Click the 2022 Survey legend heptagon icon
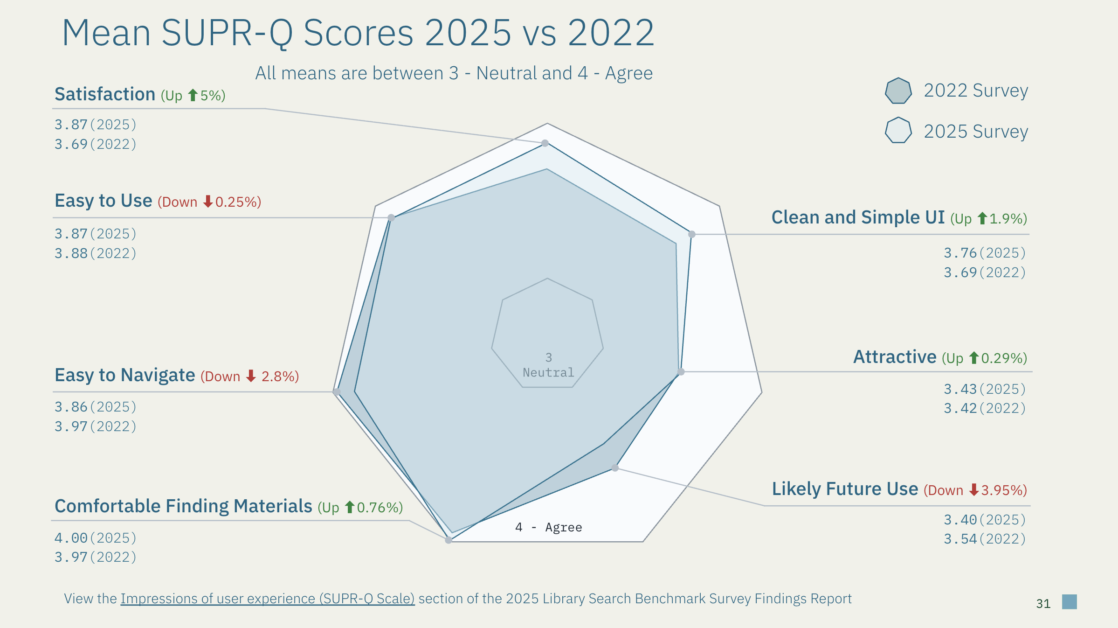[898, 91]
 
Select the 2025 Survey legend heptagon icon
[898, 130]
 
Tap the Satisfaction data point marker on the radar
[545, 143]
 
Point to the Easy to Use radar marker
[391, 217]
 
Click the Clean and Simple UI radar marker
[692, 234]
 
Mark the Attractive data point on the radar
[681, 371]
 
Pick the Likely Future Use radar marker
[615, 468]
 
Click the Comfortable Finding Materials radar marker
[449, 540]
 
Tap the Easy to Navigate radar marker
[337, 391]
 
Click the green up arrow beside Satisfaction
[193, 96]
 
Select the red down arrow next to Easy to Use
[208, 202]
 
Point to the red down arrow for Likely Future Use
[974, 490]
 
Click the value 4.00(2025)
[96, 537]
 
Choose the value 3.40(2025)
[985, 519]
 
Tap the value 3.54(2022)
[985, 539]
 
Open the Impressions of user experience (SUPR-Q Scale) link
[267, 599]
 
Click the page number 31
[1043, 604]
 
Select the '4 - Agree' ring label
[549, 527]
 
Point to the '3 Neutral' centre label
[548, 365]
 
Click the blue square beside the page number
[1070, 602]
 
